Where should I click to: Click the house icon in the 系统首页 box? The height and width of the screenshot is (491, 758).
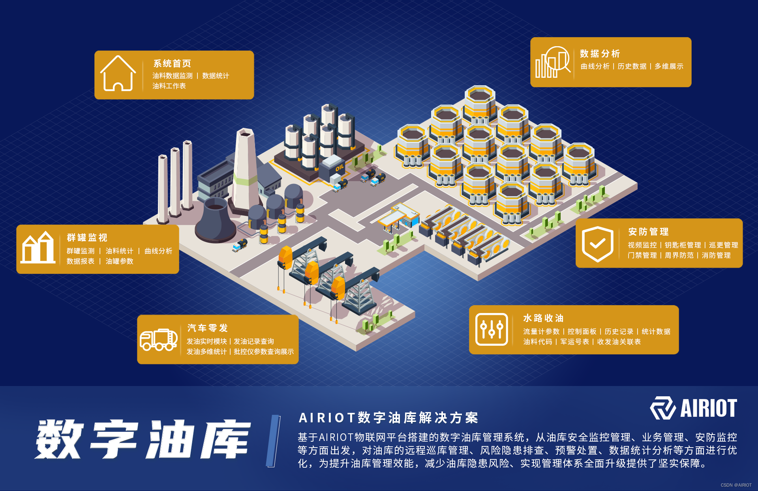[x=118, y=74]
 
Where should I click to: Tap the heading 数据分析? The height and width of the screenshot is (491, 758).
[x=600, y=54]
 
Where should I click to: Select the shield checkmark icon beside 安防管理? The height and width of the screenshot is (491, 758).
[x=597, y=244]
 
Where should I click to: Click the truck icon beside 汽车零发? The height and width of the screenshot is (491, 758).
[x=158, y=339]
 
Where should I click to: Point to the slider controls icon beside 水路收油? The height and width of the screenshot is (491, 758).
[x=492, y=329]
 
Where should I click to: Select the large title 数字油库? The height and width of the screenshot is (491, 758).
[x=143, y=439]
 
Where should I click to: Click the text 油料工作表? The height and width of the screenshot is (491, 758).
[x=169, y=86]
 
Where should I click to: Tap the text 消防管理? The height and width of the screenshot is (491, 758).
[x=716, y=255]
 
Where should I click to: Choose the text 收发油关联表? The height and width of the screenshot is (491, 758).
[x=619, y=342]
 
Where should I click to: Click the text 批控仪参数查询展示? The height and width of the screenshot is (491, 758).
[x=264, y=352]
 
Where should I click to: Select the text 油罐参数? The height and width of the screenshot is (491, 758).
[x=119, y=261]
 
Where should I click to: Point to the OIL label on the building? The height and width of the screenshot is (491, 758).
[x=340, y=168]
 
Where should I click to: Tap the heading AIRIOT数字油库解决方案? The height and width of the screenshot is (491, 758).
[x=388, y=418]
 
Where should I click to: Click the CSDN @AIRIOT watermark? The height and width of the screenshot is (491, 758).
[x=736, y=485]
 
